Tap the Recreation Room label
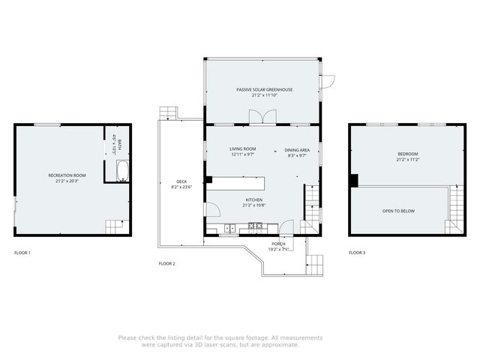(67, 175)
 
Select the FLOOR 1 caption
(22, 253)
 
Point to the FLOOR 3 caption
(358, 253)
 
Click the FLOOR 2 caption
(166, 263)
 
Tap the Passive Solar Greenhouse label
(264, 89)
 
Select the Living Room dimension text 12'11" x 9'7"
(242, 155)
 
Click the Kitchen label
(253, 199)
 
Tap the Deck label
(181, 181)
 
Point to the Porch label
(278, 244)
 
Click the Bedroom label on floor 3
(408, 154)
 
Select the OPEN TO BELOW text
(398, 211)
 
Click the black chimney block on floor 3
(354, 180)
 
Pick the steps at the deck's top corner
(168, 112)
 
